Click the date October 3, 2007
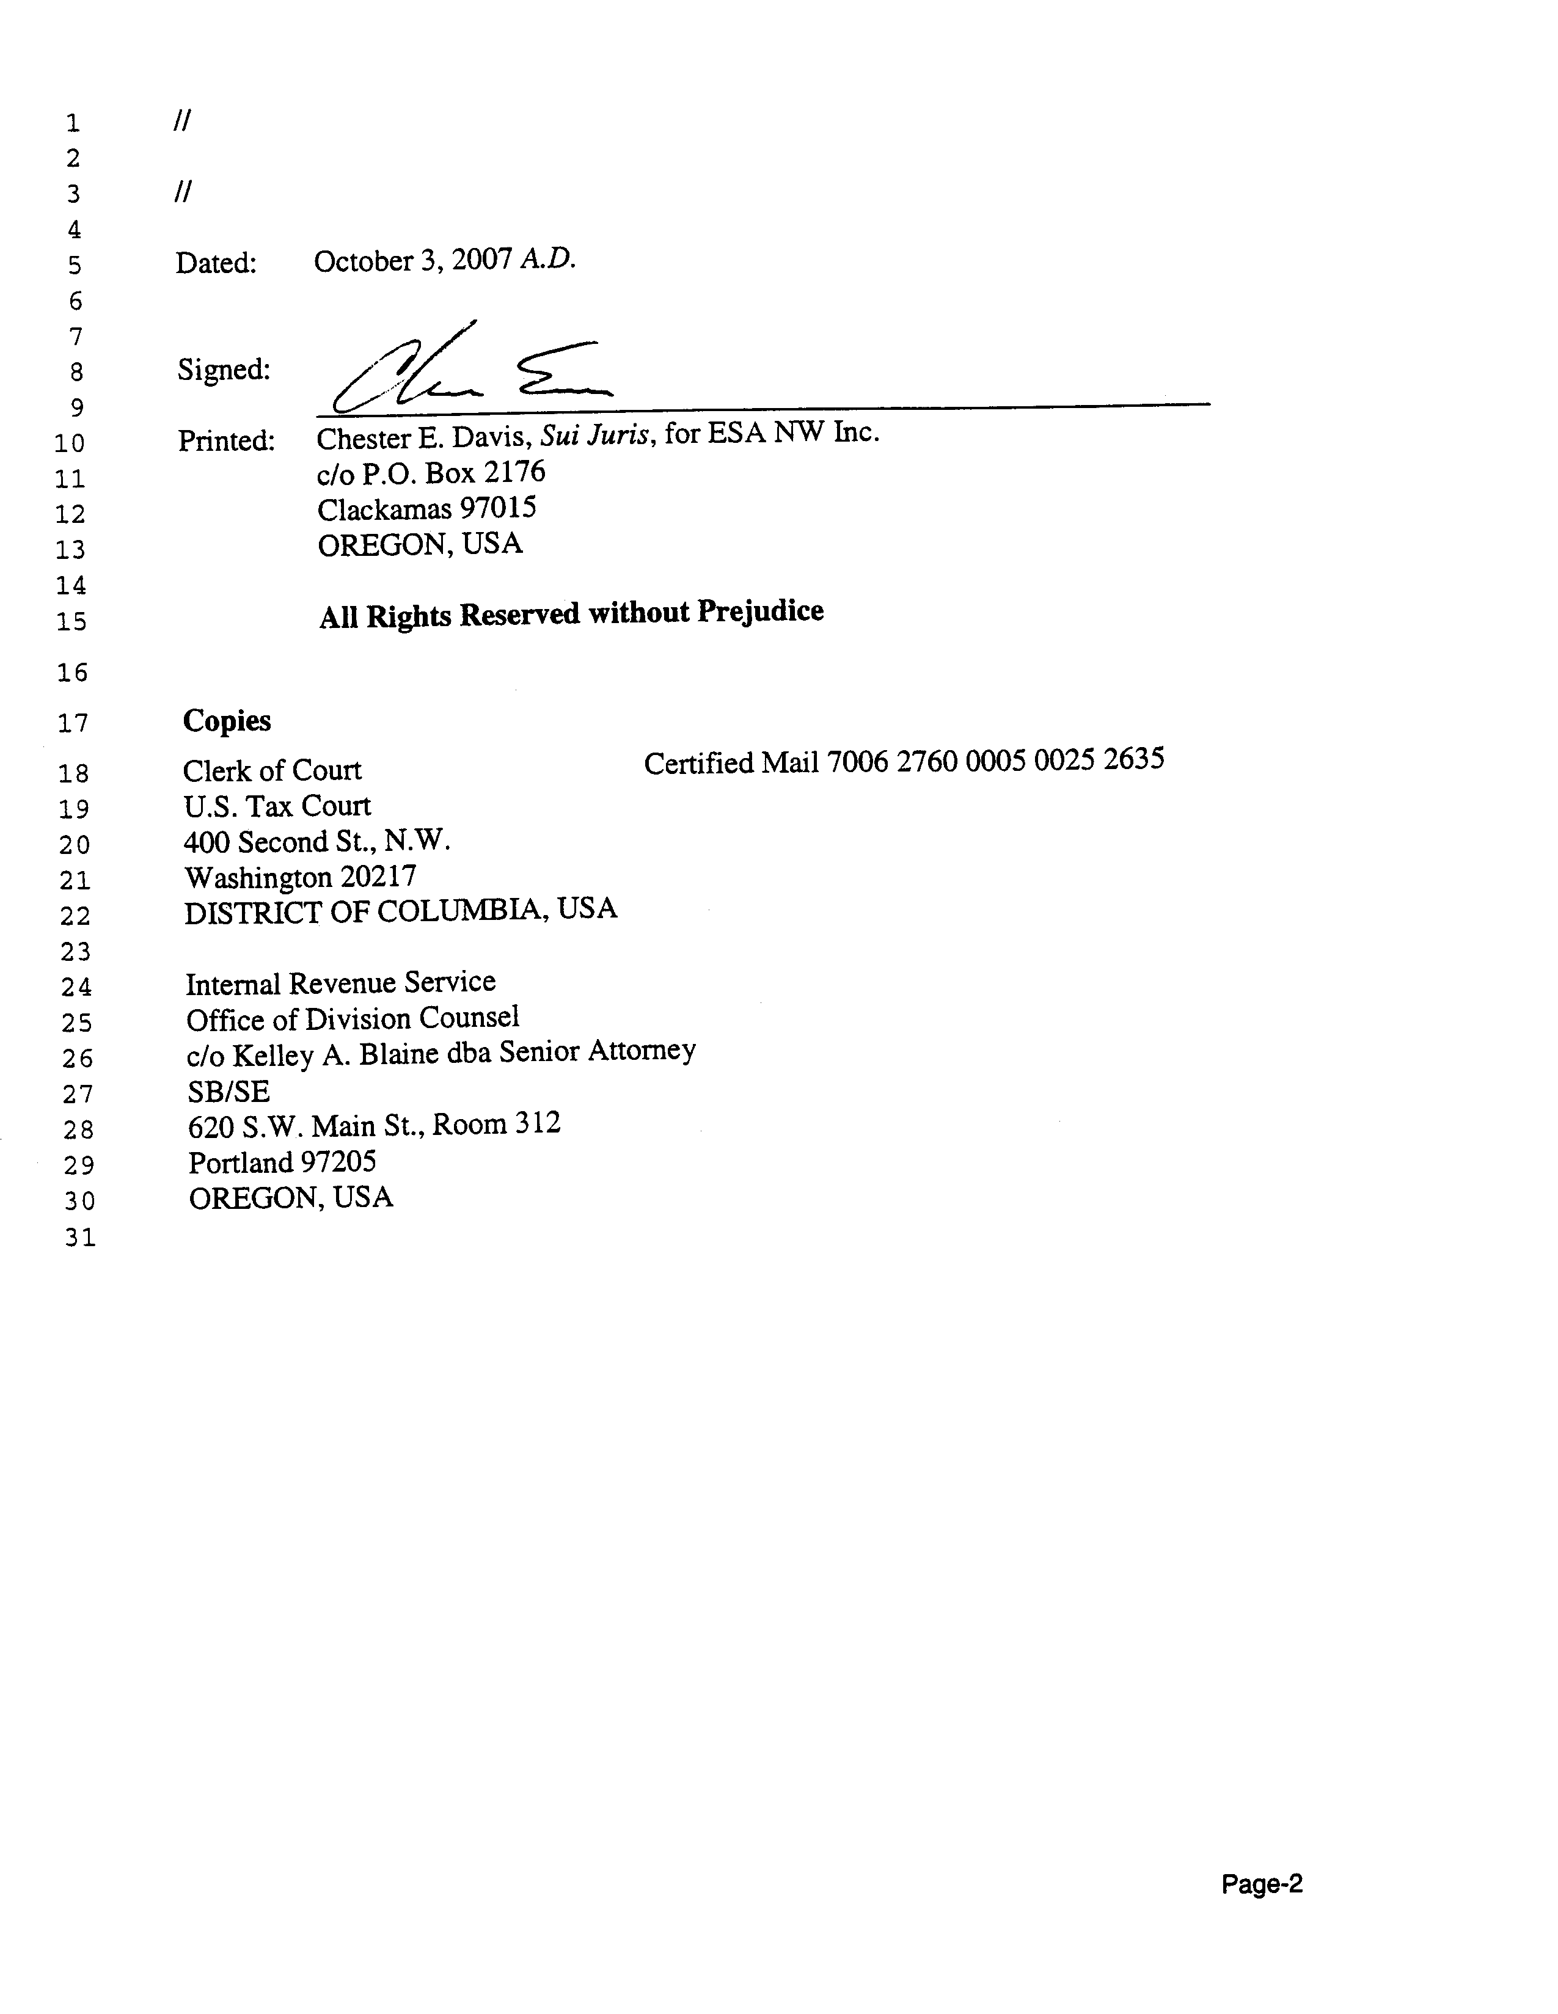click(x=412, y=261)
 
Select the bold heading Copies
click(x=227, y=720)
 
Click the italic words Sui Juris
click(x=597, y=434)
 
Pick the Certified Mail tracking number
click(x=995, y=760)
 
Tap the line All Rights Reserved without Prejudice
click(x=571, y=613)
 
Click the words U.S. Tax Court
click(x=277, y=806)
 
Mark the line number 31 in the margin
click(x=80, y=1238)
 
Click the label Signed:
click(x=223, y=370)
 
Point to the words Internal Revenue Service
click(x=340, y=983)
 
